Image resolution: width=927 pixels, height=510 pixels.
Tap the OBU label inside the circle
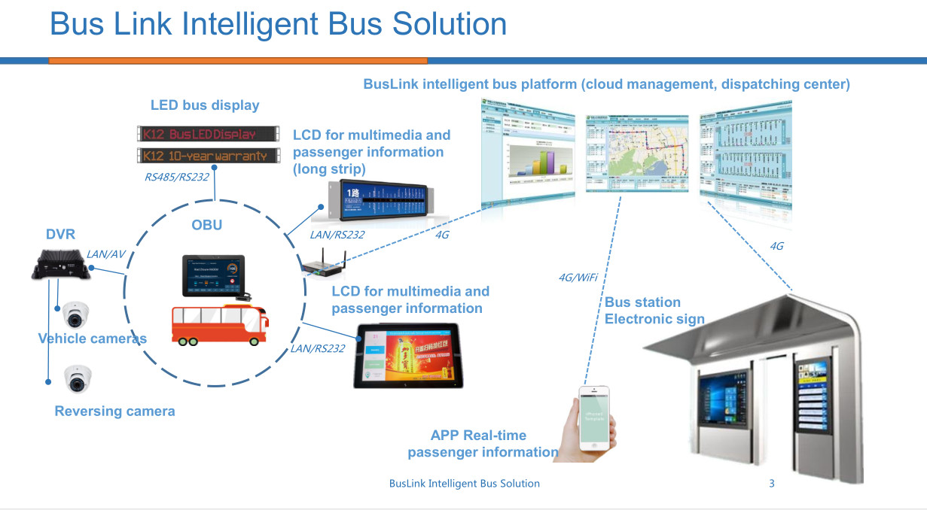pyautogui.click(x=207, y=225)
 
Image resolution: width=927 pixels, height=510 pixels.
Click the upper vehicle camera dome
pyautogui.click(x=76, y=314)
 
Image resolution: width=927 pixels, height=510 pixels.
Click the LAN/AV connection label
pyautogui.click(x=106, y=254)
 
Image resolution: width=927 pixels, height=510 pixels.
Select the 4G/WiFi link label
pyautogui.click(x=578, y=278)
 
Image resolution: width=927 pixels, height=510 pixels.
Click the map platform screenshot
pyautogui.click(x=637, y=153)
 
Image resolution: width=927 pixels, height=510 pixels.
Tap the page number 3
pyautogui.click(x=771, y=484)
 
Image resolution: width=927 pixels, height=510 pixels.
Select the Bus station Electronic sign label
pyautogui.click(x=654, y=311)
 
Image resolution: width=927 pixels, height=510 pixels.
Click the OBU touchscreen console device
pyautogui.click(x=214, y=276)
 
